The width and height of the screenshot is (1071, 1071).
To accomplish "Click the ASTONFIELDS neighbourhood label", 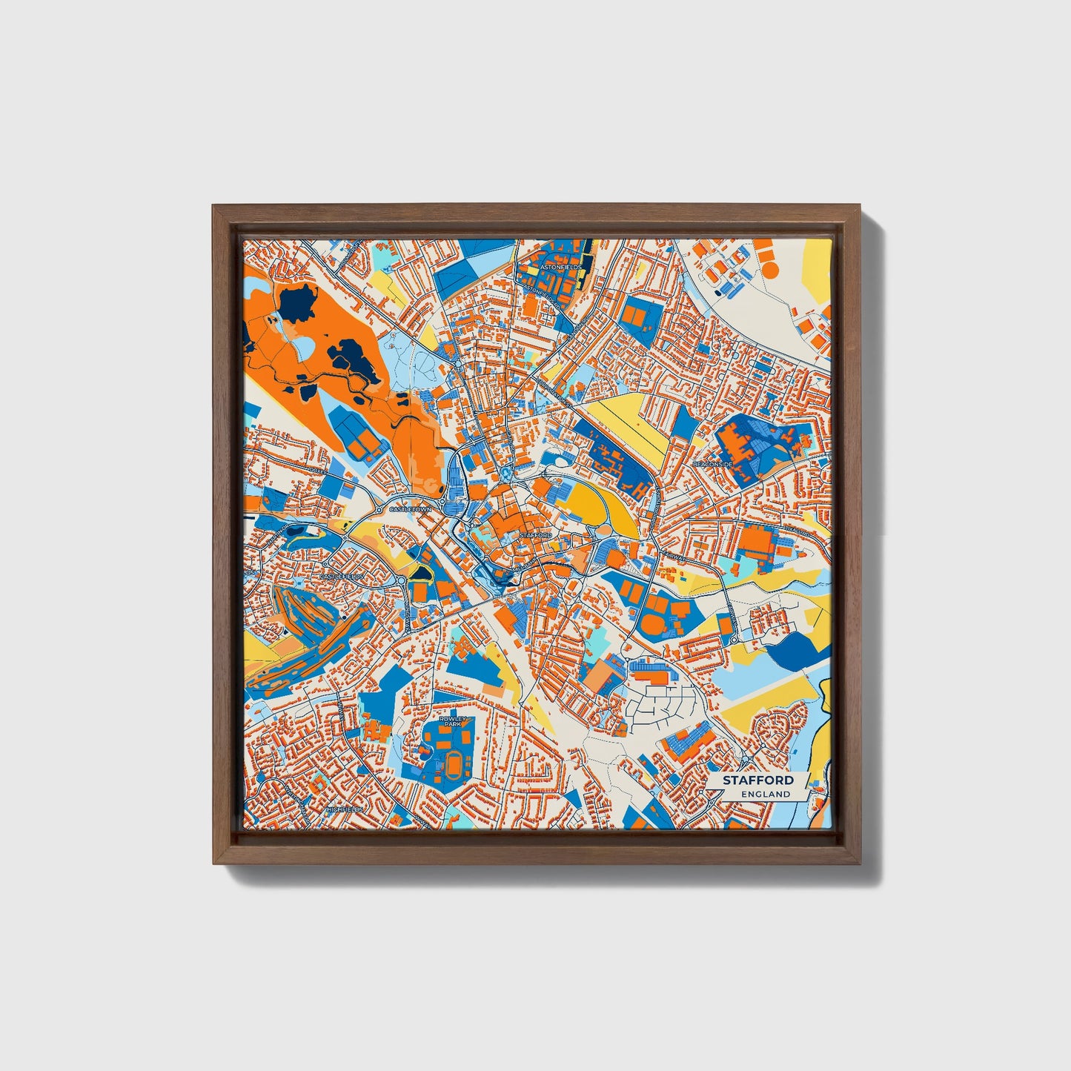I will pyautogui.click(x=561, y=265).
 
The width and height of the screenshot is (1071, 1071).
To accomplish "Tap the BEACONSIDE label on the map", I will pyautogui.click(x=712, y=464).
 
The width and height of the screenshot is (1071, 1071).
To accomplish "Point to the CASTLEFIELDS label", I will pyautogui.click(x=342, y=576).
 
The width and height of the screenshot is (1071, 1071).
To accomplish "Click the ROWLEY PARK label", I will pyautogui.click(x=450, y=721).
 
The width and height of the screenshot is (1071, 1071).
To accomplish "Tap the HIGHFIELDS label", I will pyautogui.click(x=345, y=809).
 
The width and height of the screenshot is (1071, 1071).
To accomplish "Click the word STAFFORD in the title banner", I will pyautogui.click(x=758, y=780).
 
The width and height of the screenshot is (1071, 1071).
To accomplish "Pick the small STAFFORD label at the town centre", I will pyautogui.click(x=535, y=534).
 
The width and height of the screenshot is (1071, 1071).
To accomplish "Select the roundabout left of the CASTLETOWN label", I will pyautogui.click(x=378, y=510).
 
